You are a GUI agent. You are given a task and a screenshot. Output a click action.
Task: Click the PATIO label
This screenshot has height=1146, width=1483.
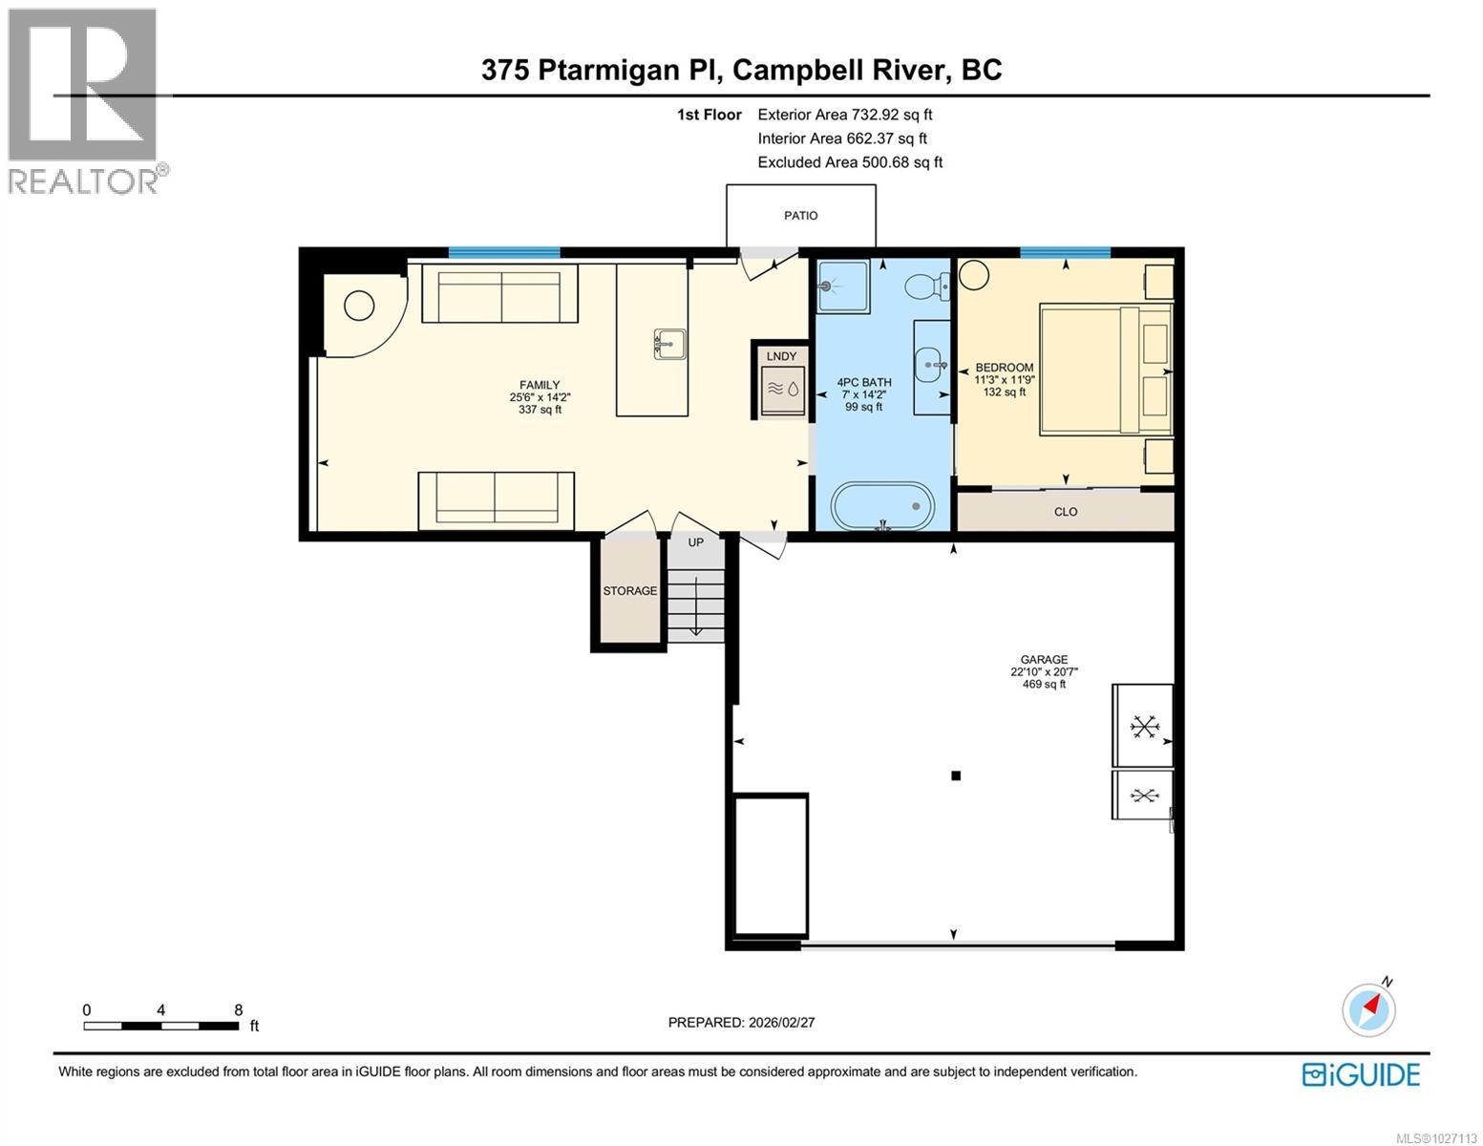pos(800,216)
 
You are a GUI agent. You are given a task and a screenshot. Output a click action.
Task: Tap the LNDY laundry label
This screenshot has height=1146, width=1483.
pos(781,356)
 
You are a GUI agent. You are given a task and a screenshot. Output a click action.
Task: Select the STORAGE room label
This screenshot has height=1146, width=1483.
pos(629,591)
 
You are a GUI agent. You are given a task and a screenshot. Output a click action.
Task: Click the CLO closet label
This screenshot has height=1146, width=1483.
pos(1066,512)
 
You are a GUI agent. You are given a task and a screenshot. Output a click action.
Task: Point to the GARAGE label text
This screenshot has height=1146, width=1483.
pos(1044,659)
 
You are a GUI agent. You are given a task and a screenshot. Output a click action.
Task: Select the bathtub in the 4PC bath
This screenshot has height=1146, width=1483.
pos(882,505)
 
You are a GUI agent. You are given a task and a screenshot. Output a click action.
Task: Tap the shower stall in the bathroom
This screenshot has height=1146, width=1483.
pos(842,285)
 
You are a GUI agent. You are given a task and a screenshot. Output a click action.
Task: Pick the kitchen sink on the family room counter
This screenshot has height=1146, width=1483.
pos(669,344)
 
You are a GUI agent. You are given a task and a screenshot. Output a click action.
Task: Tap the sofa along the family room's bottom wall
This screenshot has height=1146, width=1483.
pos(496,500)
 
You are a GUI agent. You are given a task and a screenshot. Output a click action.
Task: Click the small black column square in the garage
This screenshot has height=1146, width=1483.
pos(955,776)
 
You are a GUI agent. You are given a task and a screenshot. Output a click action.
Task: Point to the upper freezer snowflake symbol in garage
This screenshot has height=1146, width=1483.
pos(1142,727)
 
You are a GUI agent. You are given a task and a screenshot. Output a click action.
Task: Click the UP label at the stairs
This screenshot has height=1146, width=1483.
pos(696,542)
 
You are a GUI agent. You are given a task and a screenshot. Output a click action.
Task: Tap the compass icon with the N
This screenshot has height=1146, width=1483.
pos(1368,1008)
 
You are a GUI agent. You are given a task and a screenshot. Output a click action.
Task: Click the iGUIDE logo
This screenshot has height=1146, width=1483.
pos(1361,1074)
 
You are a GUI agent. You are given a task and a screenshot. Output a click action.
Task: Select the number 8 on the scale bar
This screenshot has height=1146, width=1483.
pos(238,1009)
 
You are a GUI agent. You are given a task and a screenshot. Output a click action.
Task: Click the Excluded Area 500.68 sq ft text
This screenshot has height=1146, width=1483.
pos(850,162)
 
